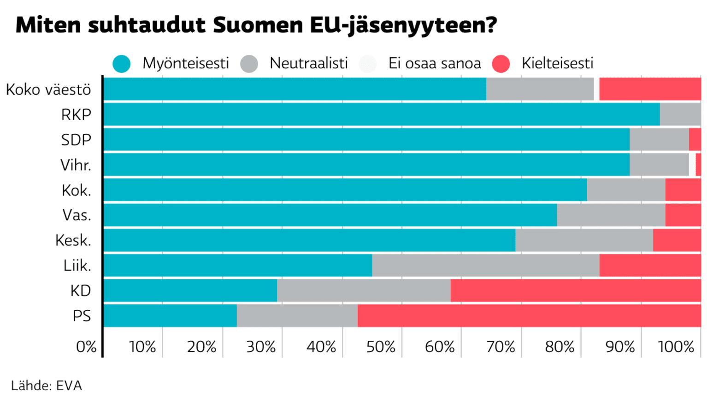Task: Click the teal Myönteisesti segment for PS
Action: pyautogui.click(x=170, y=316)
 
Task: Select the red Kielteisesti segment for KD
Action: pyautogui.click(x=575, y=290)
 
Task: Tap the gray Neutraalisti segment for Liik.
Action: pyautogui.click(x=485, y=265)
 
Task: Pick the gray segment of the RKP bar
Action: pyautogui.click(x=680, y=115)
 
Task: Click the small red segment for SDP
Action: pyautogui.click(x=695, y=139)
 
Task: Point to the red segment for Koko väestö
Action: pyautogui.click(x=649, y=89)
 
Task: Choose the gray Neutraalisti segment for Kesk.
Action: pyautogui.click(x=584, y=240)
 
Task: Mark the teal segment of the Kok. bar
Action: pyautogui.click(x=345, y=190)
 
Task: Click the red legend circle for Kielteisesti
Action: pyautogui.click(x=501, y=64)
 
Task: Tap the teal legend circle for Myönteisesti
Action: pyautogui.click(x=122, y=64)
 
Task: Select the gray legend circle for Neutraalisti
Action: pyautogui.click(x=249, y=64)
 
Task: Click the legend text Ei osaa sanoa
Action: pyautogui.click(x=434, y=63)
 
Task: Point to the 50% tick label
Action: pyautogui.click(x=381, y=347)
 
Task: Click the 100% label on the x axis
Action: pyautogui.click(x=676, y=347)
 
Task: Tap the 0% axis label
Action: pyautogui.click(x=86, y=347)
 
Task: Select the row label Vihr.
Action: pyautogui.click(x=76, y=165)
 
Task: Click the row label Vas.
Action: pyautogui.click(x=77, y=215)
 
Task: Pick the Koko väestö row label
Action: pyautogui.click(x=48, y=90)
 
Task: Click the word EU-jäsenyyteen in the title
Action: pyautogui.click(x=403, y=25)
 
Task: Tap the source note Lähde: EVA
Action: pyautogui.click(x=47, y=386)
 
